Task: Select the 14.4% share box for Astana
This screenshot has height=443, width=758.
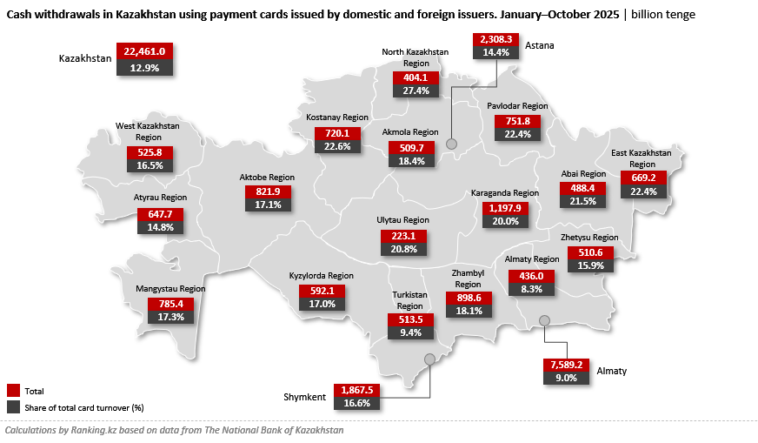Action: coord(495,52)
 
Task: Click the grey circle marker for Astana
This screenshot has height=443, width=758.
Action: coord(451,143)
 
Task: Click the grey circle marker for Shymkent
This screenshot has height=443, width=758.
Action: coord(429,359)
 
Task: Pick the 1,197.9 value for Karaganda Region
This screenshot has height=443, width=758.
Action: coord(505,207)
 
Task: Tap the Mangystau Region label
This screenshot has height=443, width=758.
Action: coord(170,289)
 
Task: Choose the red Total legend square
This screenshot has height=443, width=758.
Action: coord(13,391)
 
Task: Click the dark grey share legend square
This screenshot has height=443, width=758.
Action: coord(13,406)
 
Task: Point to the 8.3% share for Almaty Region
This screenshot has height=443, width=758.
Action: coord(530,289)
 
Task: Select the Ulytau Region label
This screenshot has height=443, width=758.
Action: coord(404,221)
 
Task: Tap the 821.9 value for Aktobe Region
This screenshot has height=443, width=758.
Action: coord(268,191)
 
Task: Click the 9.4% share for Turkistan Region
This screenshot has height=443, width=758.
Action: coord(409,332)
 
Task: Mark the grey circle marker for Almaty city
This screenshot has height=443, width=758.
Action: coord(544,320)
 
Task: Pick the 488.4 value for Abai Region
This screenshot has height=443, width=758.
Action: coord(582,188)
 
